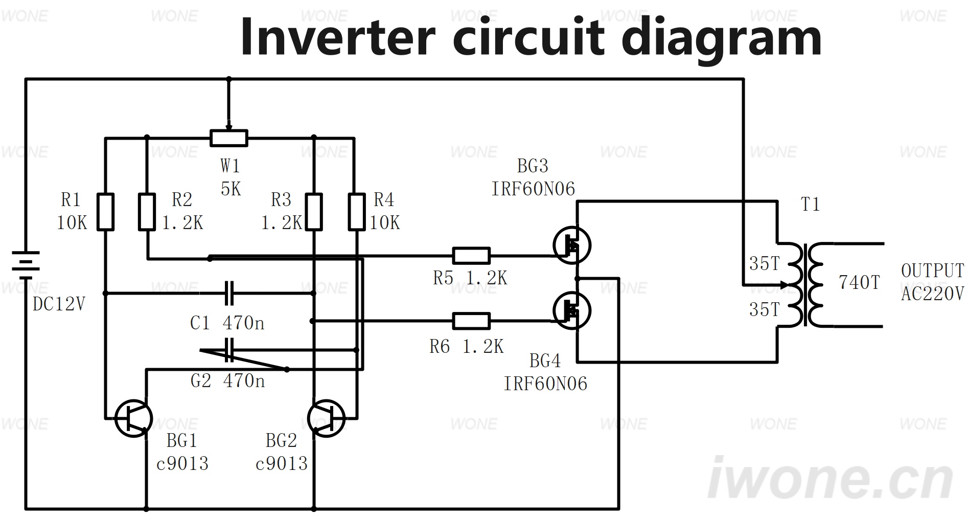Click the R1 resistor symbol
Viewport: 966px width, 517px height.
105,212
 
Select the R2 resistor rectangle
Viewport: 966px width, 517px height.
147,212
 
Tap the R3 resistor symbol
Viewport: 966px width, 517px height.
314,212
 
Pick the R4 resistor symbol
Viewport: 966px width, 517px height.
357,212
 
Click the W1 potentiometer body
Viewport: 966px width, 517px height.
229,138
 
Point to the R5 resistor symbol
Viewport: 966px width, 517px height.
471,256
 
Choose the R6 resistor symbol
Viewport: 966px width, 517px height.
471,321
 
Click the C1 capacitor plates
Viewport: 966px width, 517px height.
229,293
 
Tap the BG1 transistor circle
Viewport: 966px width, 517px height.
133,418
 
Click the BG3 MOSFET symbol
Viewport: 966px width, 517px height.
572,245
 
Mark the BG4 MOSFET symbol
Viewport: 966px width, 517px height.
572,310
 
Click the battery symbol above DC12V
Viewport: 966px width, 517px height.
26,265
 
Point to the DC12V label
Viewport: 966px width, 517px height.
59,304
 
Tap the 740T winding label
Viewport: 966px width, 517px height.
859,282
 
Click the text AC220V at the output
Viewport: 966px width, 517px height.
933,294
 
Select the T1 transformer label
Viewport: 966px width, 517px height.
811,205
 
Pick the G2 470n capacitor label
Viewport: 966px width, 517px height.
228,380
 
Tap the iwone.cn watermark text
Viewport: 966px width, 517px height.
831,479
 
